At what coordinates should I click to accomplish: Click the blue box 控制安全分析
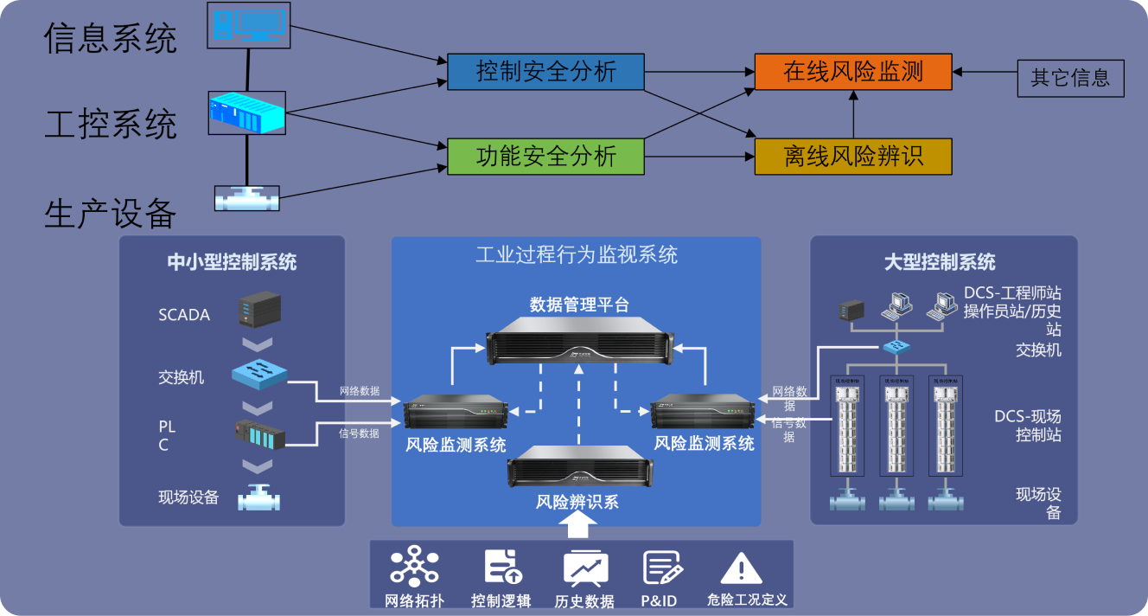[545, 72]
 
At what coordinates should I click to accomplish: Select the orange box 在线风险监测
[852, 72]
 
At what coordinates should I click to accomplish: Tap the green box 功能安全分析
[545, 157]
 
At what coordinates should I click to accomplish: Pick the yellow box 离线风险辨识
[852, 157]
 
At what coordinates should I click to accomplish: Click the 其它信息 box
[1070, 79]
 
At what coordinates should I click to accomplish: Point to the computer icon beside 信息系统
[248, 24]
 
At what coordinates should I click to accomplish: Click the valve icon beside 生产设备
[247, 198]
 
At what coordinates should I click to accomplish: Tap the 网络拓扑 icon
[414, 567]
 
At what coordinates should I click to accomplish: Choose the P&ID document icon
[662, 567]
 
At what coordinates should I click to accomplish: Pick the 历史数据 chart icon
[585, 568]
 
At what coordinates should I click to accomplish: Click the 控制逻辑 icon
[502, 567]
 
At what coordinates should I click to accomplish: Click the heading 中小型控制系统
[232, 262]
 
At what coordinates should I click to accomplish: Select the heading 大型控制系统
[940, 262]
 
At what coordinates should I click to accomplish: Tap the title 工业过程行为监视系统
[577, 254]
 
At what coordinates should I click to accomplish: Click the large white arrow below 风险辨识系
[577, 525]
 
